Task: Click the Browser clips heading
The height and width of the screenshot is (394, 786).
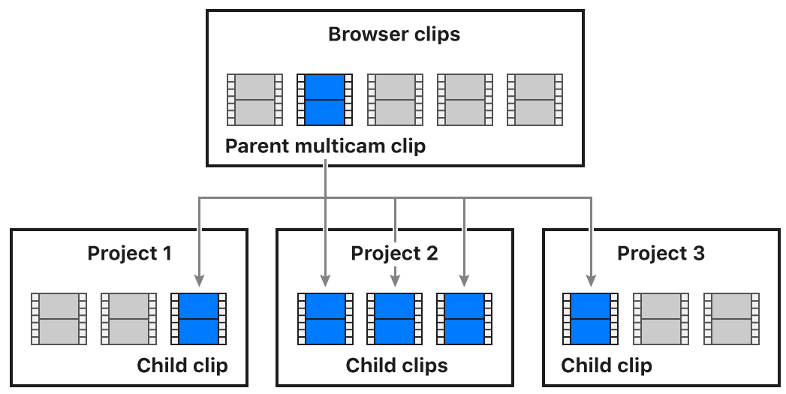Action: (x=394, y=35)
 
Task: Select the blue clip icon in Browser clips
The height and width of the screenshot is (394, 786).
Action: (x=324, y=99)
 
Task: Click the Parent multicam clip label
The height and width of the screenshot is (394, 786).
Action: (x=325, y=146)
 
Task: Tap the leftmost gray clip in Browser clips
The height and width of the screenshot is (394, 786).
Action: (x=254, y=99)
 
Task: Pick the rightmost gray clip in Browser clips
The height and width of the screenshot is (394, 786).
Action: (x=535, y=99)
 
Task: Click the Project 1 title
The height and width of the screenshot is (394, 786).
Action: (x=129, y=253)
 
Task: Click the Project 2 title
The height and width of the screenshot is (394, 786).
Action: (x=394, y=253)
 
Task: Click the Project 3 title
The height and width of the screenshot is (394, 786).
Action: (x=660, y=253)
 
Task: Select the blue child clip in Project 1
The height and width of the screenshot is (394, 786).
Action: (x=199, y=319)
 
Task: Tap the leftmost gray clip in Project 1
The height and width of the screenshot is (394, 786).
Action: (x=59, y=319)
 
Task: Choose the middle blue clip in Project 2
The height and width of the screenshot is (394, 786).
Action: (x=394, y=319)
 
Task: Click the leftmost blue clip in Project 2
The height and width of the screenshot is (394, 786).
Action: (x=324, y=319)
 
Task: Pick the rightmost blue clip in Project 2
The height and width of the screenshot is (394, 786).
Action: (x=464, y=319)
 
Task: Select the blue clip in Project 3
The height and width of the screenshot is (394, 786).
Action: (x=590, y=319)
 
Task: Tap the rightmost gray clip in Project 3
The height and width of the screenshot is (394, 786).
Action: (x=730, y=319)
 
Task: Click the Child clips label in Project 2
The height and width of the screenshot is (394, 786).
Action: (x=396, y=365)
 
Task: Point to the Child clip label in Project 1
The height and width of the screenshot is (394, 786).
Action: (x=182, y=365)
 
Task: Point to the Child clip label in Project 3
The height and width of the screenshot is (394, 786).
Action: (x=607, y=365)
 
